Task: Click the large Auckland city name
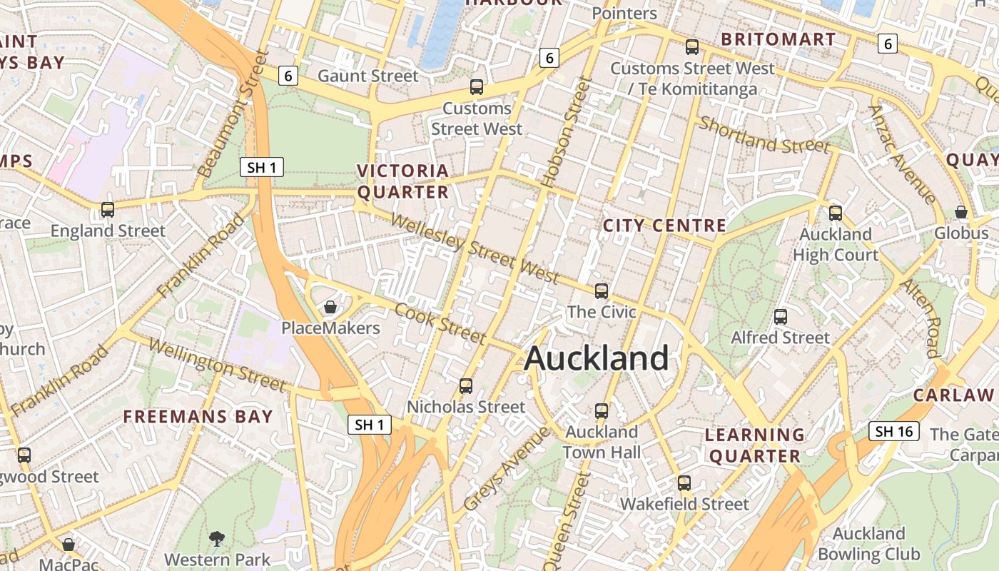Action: [597, 358]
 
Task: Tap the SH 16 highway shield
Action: [894, 431]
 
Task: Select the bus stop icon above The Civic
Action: [602, 291]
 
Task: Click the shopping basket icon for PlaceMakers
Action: [330, 308]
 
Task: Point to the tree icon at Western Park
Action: [216, 538]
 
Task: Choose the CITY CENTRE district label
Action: [664, 226]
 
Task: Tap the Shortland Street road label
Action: [764, 135]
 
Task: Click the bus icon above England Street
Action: [108, 210]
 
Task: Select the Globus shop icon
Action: [961, 212]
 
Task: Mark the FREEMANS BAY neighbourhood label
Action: [198, 417]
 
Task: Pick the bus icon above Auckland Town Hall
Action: [602, 411]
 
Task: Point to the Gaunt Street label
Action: [367, 76]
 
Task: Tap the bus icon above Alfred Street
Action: [781, 316]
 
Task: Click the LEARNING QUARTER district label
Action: [755, 445]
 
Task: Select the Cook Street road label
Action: [440, 323]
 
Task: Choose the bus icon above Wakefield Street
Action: [684, 483]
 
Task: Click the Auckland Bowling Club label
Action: [868, 544]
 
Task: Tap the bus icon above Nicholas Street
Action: [466, 386]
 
